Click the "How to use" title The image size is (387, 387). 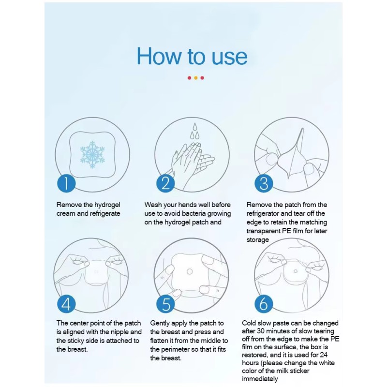click(192, 56)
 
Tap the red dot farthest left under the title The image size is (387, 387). click(189, 78)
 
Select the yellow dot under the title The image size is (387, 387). click(195, 78)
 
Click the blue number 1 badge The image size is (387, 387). click(66, 183)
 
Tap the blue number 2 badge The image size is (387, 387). click(165, 183)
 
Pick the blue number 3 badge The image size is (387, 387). click(264, 183)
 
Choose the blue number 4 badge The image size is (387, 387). click(66, 304)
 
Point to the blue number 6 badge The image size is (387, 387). click(264, 304)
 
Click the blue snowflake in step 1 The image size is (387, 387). click(92, 155)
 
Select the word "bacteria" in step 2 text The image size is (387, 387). click(193, 213)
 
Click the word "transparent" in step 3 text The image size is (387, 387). click(264, 231)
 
